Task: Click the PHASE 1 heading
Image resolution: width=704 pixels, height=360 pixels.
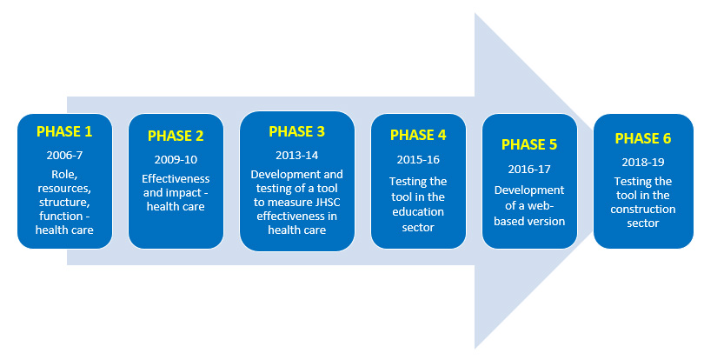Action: [64, 131]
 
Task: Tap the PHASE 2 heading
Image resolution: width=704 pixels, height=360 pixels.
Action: [176, 136]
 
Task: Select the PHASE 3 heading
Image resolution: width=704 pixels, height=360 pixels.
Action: [296, 131]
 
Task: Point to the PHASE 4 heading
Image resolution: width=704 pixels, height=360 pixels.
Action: [418, 135]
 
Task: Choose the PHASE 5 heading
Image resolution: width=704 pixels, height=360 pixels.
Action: [529, 144]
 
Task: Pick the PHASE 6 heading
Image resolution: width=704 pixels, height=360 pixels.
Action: [643, 138]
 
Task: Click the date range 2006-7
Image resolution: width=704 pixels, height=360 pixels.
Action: [64, 156]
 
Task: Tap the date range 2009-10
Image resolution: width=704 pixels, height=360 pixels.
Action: [176, 159]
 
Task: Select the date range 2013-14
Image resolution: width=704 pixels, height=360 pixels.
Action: [296, 156]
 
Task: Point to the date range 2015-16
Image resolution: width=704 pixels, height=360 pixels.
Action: [418, 159]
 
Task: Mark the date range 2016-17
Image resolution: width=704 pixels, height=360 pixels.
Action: [529, 170]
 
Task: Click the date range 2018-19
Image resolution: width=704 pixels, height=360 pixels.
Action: [643, 163]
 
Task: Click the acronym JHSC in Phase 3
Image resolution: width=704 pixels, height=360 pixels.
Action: [326, 203]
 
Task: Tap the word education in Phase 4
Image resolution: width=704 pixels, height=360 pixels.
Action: [418, 211]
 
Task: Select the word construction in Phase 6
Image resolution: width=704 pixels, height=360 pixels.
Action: [643, 210]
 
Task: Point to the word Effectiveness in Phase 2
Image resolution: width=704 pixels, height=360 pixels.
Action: [176, 179]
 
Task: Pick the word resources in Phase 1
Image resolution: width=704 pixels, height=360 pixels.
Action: [64, 189]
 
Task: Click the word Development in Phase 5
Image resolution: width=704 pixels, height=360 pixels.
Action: [529, 190]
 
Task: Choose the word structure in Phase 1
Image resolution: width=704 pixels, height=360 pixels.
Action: [64, 203]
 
